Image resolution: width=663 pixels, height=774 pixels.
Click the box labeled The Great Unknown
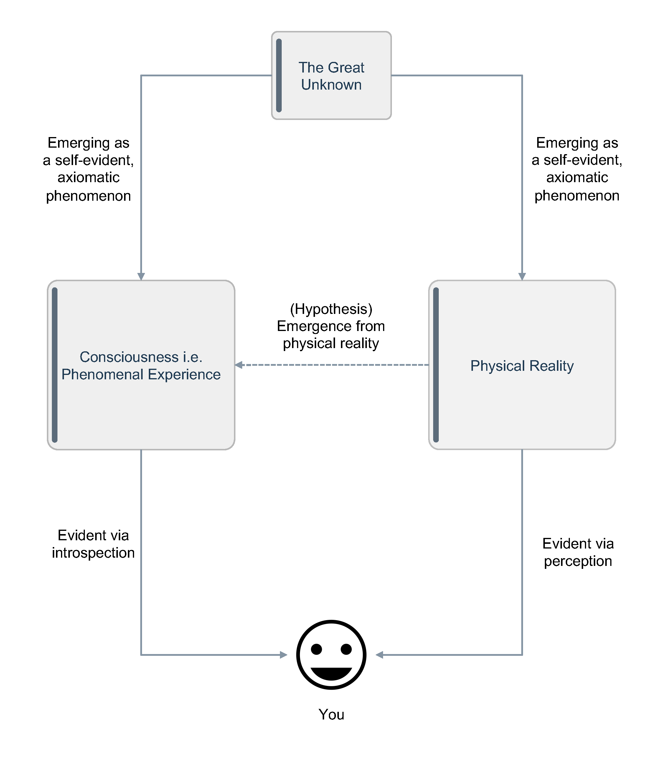[331, 75]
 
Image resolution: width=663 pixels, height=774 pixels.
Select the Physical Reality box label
[522, 366]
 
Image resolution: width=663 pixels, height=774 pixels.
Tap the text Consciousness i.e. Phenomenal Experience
[141, 366]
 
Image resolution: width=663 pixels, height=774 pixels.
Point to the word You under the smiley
[331, 714]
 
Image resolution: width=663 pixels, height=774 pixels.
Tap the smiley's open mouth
[331, 673]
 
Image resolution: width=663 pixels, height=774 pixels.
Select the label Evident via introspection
[93, 544]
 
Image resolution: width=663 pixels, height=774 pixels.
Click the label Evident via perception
[578, 552]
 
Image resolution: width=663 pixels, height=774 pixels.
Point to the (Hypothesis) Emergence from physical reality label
[331, 326]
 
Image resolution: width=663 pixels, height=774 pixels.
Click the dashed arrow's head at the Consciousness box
[239, 365]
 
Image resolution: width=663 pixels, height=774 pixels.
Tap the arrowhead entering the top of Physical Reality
[522, 276]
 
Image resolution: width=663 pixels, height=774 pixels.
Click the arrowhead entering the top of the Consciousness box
[141, 276]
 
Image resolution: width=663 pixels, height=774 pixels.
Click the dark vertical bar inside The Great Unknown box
[279, 75]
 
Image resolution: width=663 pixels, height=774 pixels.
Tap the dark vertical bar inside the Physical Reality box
[436, 365]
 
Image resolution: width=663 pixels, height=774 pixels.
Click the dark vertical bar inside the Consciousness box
[55, 365]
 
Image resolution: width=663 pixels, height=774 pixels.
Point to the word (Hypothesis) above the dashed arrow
[331, 309]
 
